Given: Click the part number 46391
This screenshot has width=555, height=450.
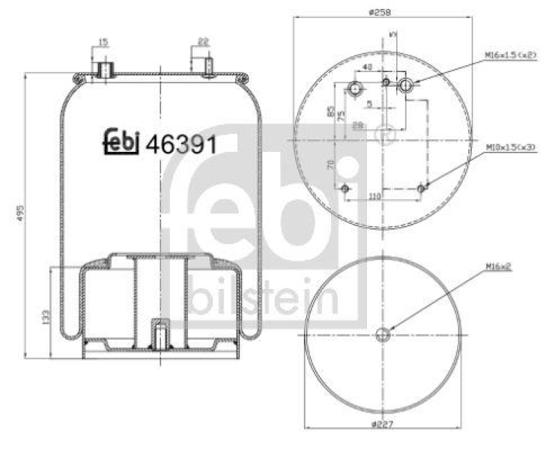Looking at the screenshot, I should click(182, 144).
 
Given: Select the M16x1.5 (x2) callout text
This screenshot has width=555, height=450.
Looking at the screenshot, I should click(511, 55).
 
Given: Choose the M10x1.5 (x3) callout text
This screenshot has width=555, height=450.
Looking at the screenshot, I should click(511, 148).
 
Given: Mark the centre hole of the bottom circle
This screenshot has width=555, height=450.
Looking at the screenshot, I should click(382, 335).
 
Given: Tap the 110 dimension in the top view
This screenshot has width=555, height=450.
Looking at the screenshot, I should click(375, 197).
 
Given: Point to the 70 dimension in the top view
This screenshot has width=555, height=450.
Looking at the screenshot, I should click(332, 164).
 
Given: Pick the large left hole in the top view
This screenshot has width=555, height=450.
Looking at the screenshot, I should click(355, 89).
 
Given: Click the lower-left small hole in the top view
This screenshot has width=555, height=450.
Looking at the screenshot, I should click(346, 187).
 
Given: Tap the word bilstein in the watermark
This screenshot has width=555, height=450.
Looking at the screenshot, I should click(264, 299).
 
